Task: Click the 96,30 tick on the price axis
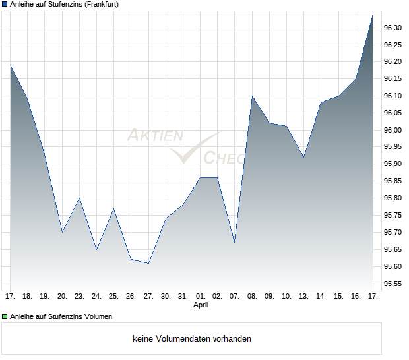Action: pos(393,28)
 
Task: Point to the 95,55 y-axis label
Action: pos(393,284)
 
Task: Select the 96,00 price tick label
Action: pos(393,130)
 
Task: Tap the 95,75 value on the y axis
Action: pos(393,216)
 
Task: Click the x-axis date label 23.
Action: pos(79,297)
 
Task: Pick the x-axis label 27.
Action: pos(148,297)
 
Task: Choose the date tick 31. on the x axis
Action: pos(183,297)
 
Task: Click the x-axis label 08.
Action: pos(252,297)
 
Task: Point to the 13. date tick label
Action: pos(303,297)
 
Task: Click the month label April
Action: pos(201,305)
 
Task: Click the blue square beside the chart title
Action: pos(5,4)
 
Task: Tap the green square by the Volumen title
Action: pos(5,316)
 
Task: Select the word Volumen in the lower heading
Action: pos(98,316)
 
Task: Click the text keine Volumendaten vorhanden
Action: pos(192,339)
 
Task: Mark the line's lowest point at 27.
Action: pos(148,263)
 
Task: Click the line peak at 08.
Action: pos(252,96)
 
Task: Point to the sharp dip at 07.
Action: pos(235,242)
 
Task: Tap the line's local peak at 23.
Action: pos(79,198)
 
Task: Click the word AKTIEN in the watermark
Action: pos(154,136)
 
